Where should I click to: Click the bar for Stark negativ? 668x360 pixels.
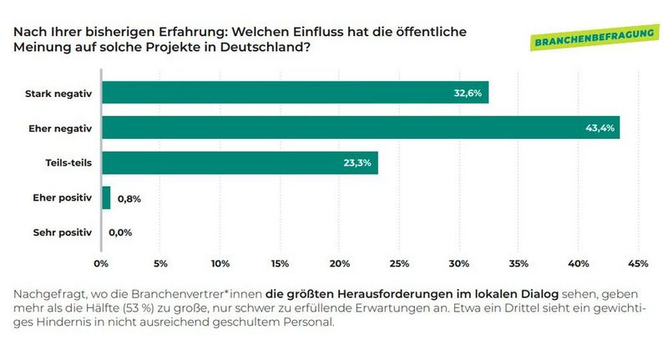pyautogui.click(x=295, y=93)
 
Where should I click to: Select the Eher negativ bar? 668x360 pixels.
pyautogui.click(x=360, y=128)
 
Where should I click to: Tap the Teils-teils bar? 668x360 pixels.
pyautogui.click(x=240, y=163)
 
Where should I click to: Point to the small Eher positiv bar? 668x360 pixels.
pyautogui.click(x=106, y=198)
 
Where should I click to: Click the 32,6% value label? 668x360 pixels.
pyautogui.click(x=467, y=93)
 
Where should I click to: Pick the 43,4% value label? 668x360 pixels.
pyautogui.click(x=599, y=128)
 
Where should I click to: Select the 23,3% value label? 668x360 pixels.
pyautogui.click(x=357, y=163)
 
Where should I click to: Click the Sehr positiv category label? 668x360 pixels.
pyautogui.click(x=63, y=233)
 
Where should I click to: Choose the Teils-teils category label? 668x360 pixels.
pyautogui.click(x=68, y=163)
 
